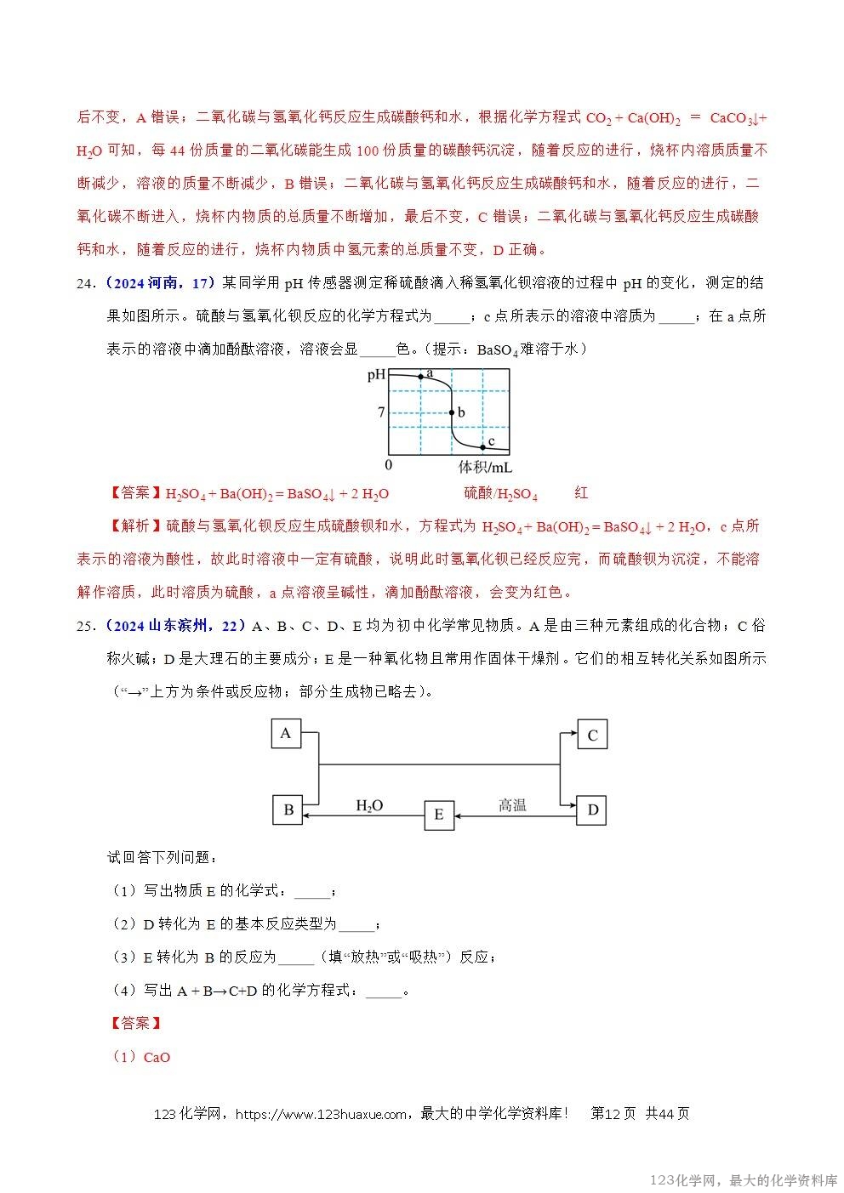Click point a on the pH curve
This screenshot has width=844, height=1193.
point(419,375)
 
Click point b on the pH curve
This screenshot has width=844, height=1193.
point(452,412)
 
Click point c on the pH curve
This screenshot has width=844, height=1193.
point(482,446)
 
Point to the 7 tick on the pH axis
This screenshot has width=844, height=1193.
point(382,412)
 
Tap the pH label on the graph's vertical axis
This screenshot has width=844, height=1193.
point(376,374)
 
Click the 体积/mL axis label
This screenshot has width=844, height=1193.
point(485,467)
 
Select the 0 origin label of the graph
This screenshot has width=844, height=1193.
point(388,465)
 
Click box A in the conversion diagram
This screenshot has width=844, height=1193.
point(286,734)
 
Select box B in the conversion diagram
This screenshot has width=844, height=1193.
point(288,810)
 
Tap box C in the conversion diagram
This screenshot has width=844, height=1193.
point(592,736)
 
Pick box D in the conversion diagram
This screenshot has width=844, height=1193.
point(592,810)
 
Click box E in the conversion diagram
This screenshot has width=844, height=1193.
point(439,815)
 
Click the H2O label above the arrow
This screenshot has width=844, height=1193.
point(369,805)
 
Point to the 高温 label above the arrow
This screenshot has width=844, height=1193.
point(512,804)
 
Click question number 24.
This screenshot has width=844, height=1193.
point(87,283)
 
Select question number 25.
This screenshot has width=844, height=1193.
point(87,626)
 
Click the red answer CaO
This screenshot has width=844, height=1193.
point(157,1057)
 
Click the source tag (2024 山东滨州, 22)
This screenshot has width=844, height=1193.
point(177,626)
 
